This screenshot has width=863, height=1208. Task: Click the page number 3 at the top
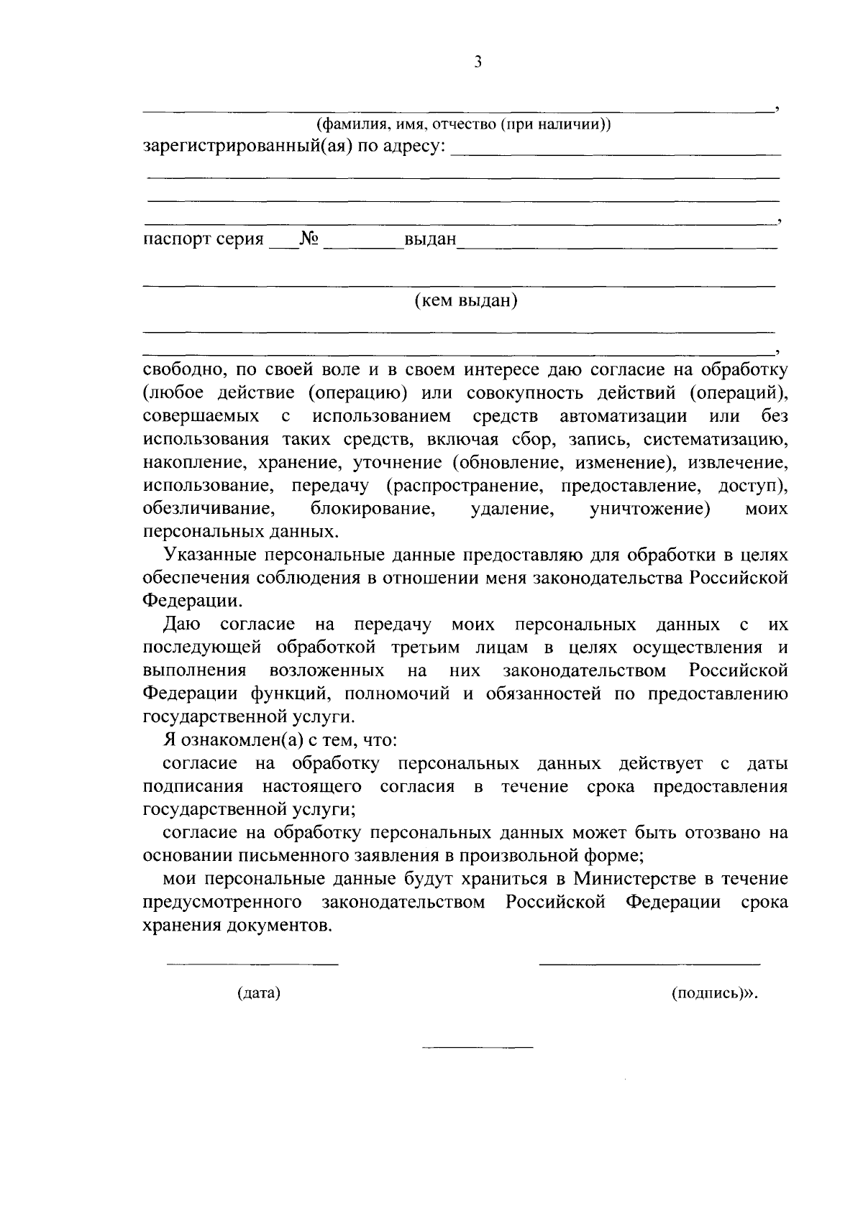click(x=478, y=63)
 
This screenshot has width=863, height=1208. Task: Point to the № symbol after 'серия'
click(x=309, y=239)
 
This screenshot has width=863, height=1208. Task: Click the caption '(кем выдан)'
click(x=466, y=300)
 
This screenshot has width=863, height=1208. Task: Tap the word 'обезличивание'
click(x=209, y=510)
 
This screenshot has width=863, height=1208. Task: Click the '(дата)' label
click(x=258, y=994)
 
